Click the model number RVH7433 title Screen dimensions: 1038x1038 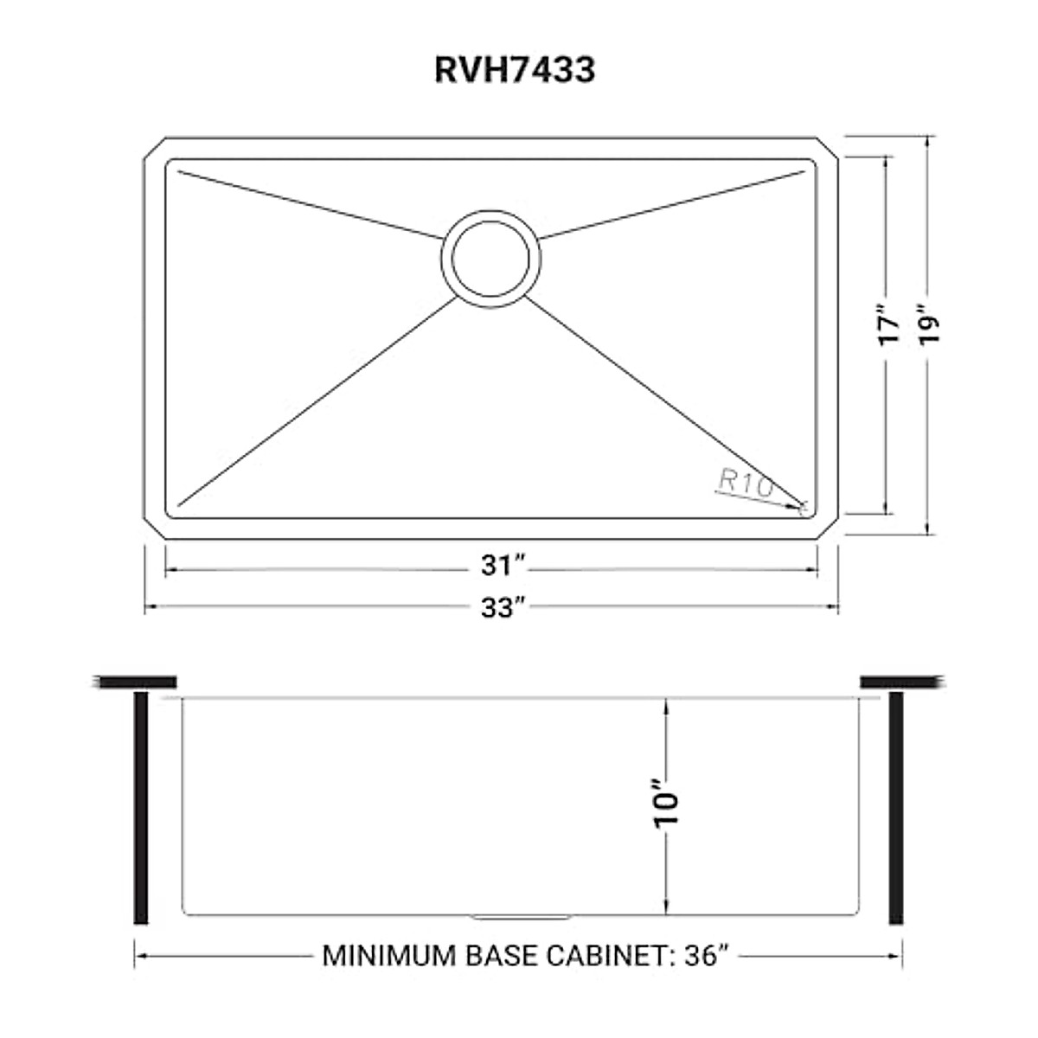514,69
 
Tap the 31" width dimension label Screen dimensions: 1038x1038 503,567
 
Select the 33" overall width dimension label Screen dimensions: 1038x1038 503,608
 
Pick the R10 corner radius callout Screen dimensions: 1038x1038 745,484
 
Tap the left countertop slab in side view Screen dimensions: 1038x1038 134,682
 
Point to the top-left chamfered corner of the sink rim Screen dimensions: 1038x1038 153,147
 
